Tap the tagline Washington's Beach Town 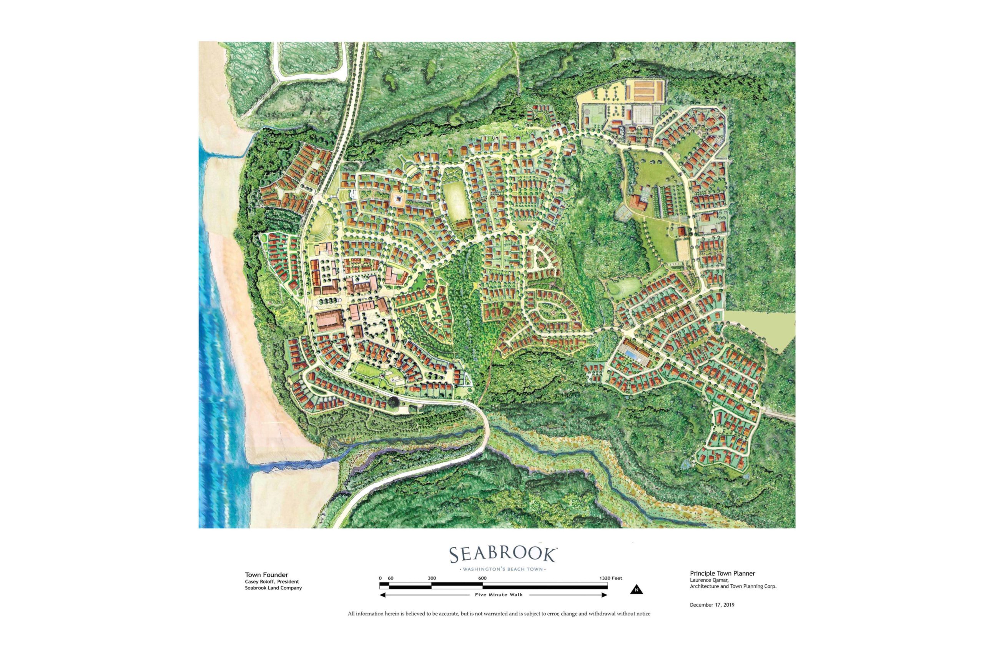pos(503,569)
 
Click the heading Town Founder pos(266,574)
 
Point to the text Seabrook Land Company pos(273,588)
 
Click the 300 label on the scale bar pos(432,578)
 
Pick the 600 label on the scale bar pos(482,578)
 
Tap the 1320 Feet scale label pos(610,578)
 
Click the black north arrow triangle pos(637,590)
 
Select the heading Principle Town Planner pos(722,573)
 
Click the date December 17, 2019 pos(712,605)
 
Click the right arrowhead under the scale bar pos(605,595)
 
